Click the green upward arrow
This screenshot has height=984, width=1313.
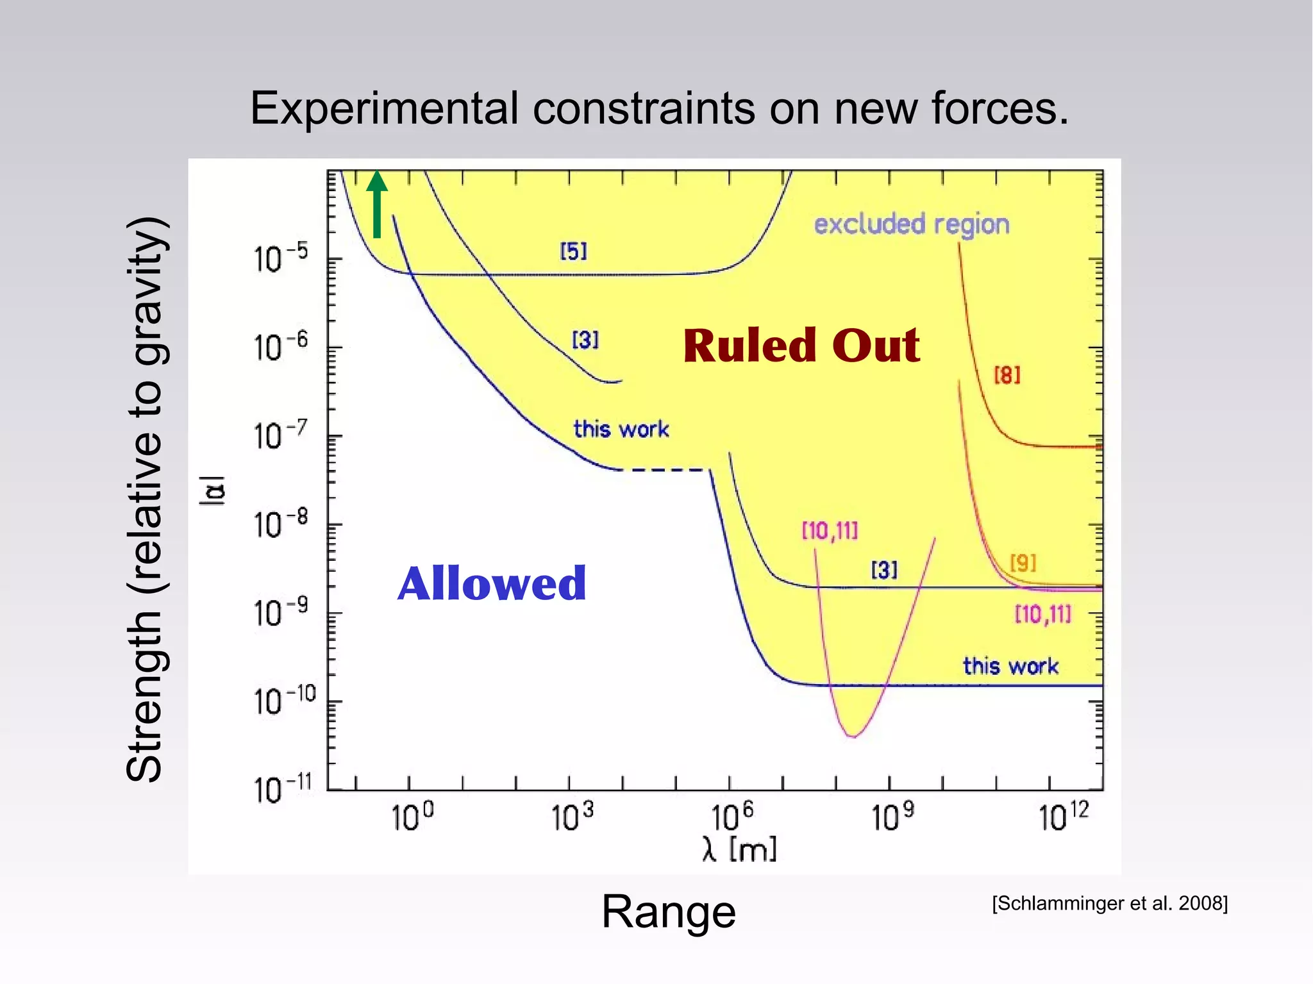(x=377, y=204)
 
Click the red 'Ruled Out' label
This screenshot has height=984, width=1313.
(x=801, y=346)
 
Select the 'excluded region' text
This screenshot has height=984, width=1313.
(x=911, y=224)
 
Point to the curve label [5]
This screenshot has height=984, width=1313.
(x=573, y=251)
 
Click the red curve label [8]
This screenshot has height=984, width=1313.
(x=1007, y=375)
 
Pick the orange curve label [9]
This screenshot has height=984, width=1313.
(x=1023, y=563)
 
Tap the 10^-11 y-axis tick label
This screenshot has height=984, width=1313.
(x=282, y=790)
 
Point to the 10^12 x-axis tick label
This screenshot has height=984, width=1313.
(x=1062, y=817)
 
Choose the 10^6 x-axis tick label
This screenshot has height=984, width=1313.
(x=732, y=817)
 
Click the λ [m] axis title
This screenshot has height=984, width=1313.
(x=739, y=850)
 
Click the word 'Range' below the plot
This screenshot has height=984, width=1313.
(x=668, y=912)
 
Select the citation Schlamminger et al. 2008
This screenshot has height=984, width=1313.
(x=1109, y=903)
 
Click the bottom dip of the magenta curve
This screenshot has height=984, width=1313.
(x=853, y=735)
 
